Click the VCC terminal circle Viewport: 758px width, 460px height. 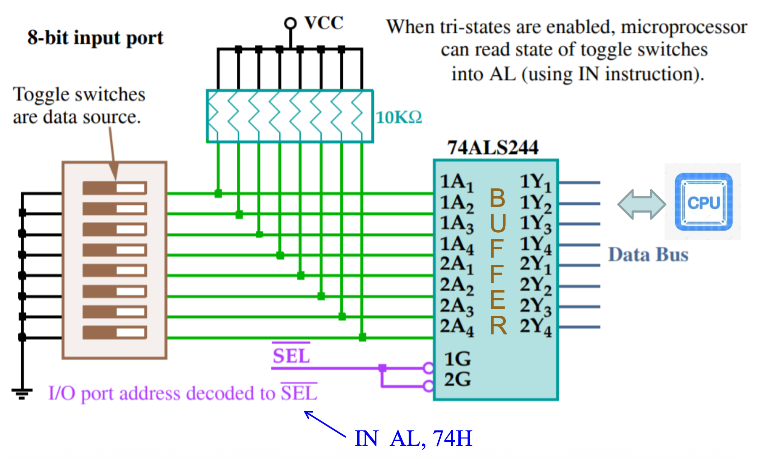coord(290,23)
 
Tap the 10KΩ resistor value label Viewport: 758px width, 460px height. coord(399,117)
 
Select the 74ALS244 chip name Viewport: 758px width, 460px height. coord(493,148)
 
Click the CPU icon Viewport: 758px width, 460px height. coord(704,202)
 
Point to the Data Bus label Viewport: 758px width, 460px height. coord(648,255)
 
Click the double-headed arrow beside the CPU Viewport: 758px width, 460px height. coord(642,204)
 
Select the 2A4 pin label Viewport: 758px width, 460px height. coord(457,327)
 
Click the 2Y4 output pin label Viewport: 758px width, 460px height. coord(536,327)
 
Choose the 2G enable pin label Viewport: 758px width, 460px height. coord(457,379)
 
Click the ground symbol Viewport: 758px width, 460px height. coord(22,393)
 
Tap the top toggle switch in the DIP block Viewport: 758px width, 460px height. coord(115,188)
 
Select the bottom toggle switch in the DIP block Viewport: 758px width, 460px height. coord(115,333)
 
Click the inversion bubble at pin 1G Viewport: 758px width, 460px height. coord(428,368)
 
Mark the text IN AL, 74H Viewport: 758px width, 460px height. coord(413,439)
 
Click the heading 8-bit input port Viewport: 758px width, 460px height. coord(95,38)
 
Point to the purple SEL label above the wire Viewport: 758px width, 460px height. coord(291,356)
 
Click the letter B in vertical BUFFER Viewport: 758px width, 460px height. coord(497,198)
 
